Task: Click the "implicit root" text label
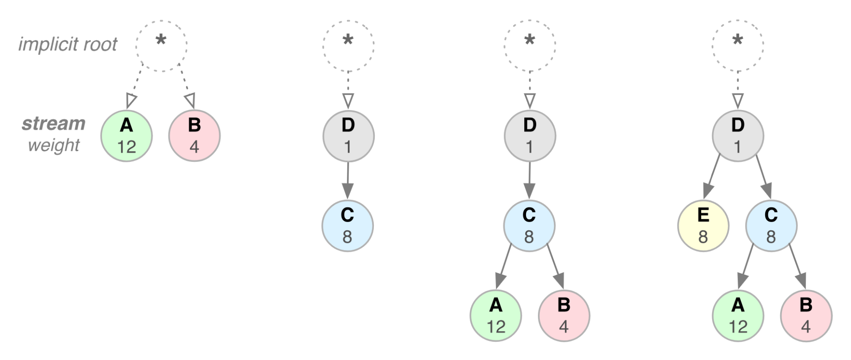(x=68, y=44)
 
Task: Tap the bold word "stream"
(x=53, y=123)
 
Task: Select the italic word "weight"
(x=54, y=145)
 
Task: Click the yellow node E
(x=703, y=226)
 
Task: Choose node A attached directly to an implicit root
(x=126, y=136)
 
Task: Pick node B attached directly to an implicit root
(x=194, y=136)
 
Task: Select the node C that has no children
(x=347, y=226)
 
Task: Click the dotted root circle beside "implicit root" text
(x=161, y=45)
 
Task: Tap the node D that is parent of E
(x=737, y=136)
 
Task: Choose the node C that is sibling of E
(x=771, y=226)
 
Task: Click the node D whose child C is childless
(x=348, y=136)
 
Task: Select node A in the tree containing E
(x=738, y=315)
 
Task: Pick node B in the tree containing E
(x=806, y=315)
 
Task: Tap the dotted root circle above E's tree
(x=737, y=45)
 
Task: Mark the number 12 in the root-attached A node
(x=126, y=146)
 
